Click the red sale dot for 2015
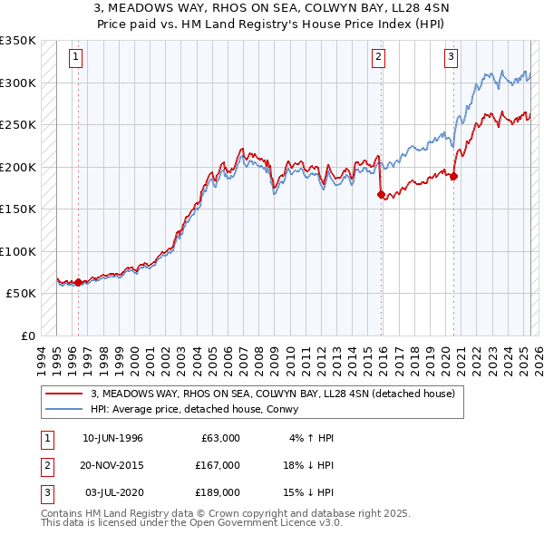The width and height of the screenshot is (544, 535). pyautogui.click(x=381, y=193)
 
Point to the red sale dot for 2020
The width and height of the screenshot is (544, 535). pyautogui.click(x=454, y=176)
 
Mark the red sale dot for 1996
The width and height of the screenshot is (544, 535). pyautogui.click(x=78, y=282)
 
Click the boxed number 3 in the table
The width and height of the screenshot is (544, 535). pyautogui.click(x=44, y=492)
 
